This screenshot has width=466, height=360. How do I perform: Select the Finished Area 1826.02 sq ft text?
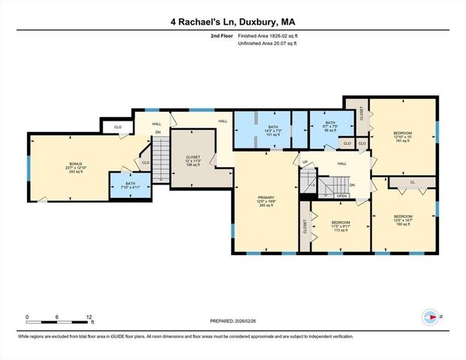(x=266, y=35)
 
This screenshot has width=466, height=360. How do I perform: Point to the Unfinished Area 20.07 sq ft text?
(x=267, y=43)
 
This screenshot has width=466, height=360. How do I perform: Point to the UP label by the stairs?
(x=305, y=162)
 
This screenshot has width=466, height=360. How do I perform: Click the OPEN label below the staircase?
(x=341, y=196)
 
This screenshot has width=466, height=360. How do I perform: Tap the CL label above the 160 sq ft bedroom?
(x=412, y=181)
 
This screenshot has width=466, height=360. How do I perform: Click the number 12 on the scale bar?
(x=89, y=317)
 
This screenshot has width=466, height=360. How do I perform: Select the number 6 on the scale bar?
(x=58, y=317)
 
